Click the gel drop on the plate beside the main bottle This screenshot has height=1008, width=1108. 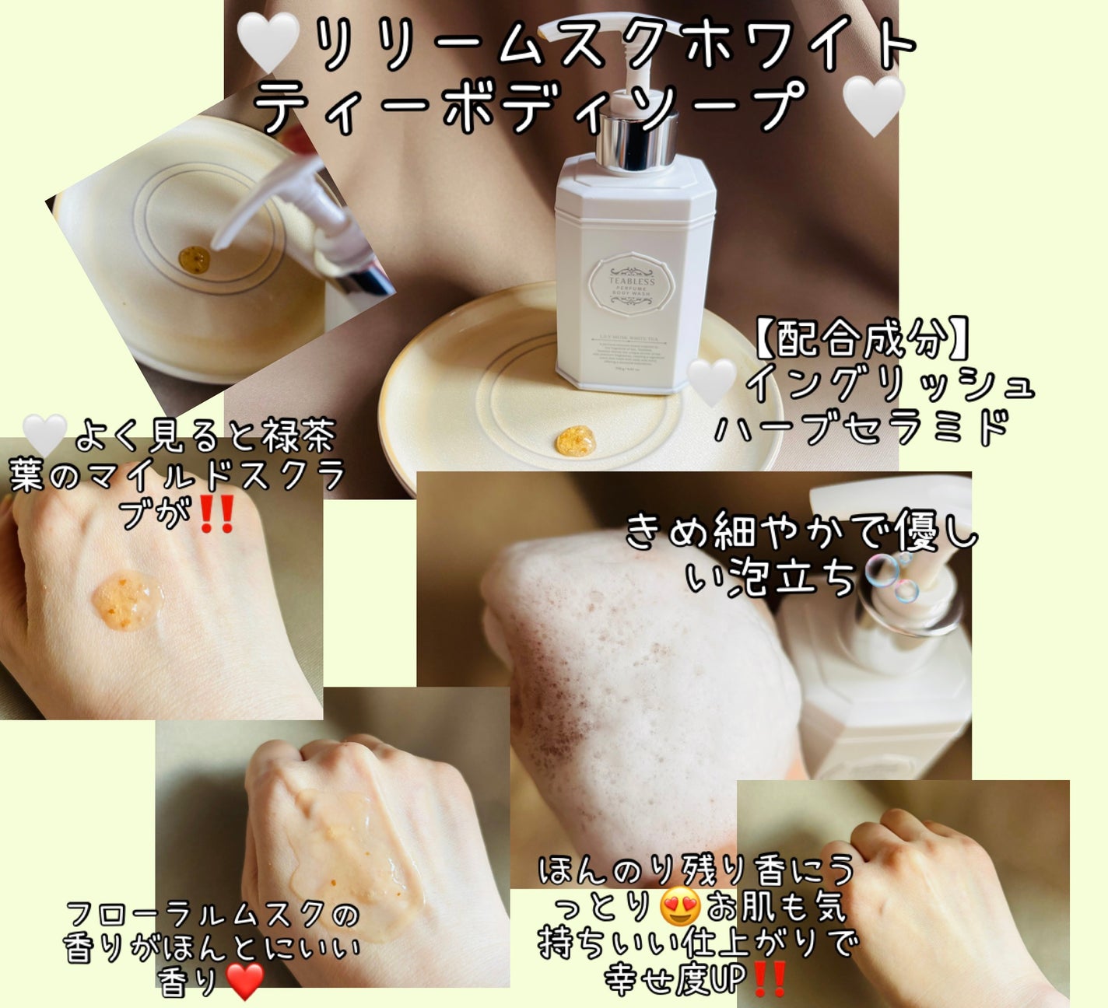(575, 442)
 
